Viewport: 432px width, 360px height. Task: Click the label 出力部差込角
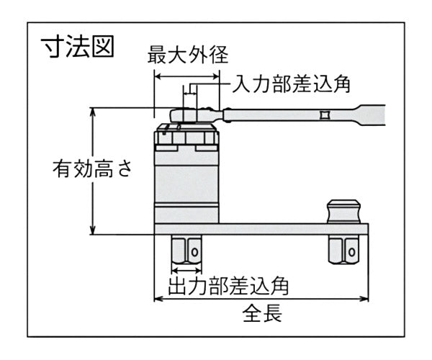click(x=228, y=285)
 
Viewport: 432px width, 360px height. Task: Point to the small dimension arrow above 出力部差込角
click(x=186, y=269)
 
